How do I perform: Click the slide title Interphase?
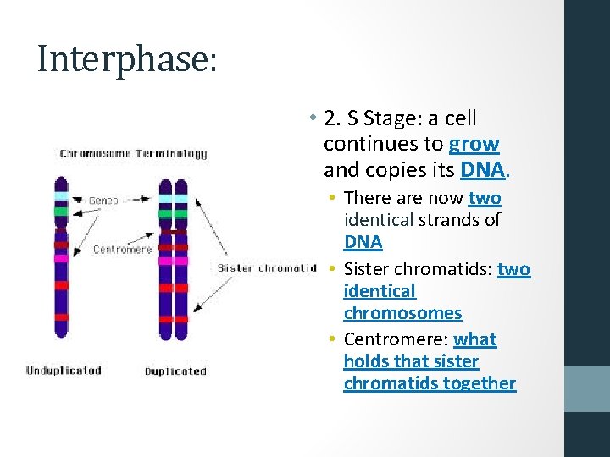pos(127,59)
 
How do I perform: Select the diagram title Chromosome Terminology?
pos(133,154)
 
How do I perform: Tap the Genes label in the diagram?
pos(105,201)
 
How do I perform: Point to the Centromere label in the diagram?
pos(122,250)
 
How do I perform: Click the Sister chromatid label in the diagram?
pos(266,268)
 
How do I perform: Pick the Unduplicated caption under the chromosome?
pos(64,371)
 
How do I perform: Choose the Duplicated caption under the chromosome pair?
pos(175,372)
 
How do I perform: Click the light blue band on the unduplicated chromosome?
pos(61,195)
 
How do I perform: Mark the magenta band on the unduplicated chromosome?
pos(61,258)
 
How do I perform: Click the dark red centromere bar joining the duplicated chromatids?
pos(174,230)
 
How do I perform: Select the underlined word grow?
pos(474,144)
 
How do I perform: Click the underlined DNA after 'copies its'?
pos(484,170)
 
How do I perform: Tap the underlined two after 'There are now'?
pos(485,198)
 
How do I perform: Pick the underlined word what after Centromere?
pos(475,339)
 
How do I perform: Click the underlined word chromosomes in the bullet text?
pos(402,313)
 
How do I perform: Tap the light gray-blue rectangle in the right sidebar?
pos(587,388)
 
